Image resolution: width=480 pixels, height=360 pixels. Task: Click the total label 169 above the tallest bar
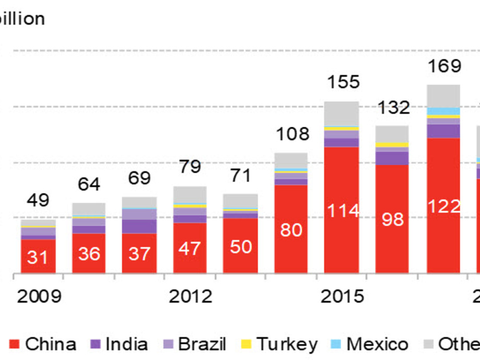[443, 67]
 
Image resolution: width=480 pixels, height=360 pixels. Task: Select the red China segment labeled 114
[341, 211]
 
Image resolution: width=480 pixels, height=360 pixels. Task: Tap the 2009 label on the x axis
[39, 296]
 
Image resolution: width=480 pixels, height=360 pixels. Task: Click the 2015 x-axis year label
[342, 296]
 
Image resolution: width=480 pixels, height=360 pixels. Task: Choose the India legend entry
[119, 344]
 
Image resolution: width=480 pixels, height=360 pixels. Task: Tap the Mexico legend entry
[370, 344]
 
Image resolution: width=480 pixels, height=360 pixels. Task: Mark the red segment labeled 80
[291, 230]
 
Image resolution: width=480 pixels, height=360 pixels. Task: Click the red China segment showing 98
[392, 219]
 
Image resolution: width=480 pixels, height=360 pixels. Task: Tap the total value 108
[292, 134]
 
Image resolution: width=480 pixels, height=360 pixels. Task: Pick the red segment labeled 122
[443, 206]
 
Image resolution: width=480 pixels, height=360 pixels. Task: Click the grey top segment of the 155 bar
[341, 114]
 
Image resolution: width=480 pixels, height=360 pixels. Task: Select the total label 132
[393, 107]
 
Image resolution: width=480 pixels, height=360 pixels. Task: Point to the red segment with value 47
[190, 248]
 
